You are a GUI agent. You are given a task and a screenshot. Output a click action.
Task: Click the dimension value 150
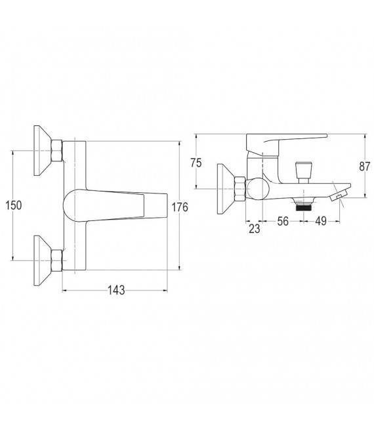tap(14, 205)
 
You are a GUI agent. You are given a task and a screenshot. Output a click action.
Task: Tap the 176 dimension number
tap(180, 207)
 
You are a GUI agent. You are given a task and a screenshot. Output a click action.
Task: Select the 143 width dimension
tap(116, 291)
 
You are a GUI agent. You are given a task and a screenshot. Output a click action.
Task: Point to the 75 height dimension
tap(196, 163)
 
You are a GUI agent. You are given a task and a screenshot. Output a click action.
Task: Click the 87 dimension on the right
tap(364, 166)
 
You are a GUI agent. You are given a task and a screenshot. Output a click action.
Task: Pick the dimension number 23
tap(255, 229)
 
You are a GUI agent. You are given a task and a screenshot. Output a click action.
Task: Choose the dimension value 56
tap(283, 221)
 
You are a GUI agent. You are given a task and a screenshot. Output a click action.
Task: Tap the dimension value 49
tap(321, 221)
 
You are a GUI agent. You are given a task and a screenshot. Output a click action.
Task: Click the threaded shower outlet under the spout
tap(303, 206)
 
